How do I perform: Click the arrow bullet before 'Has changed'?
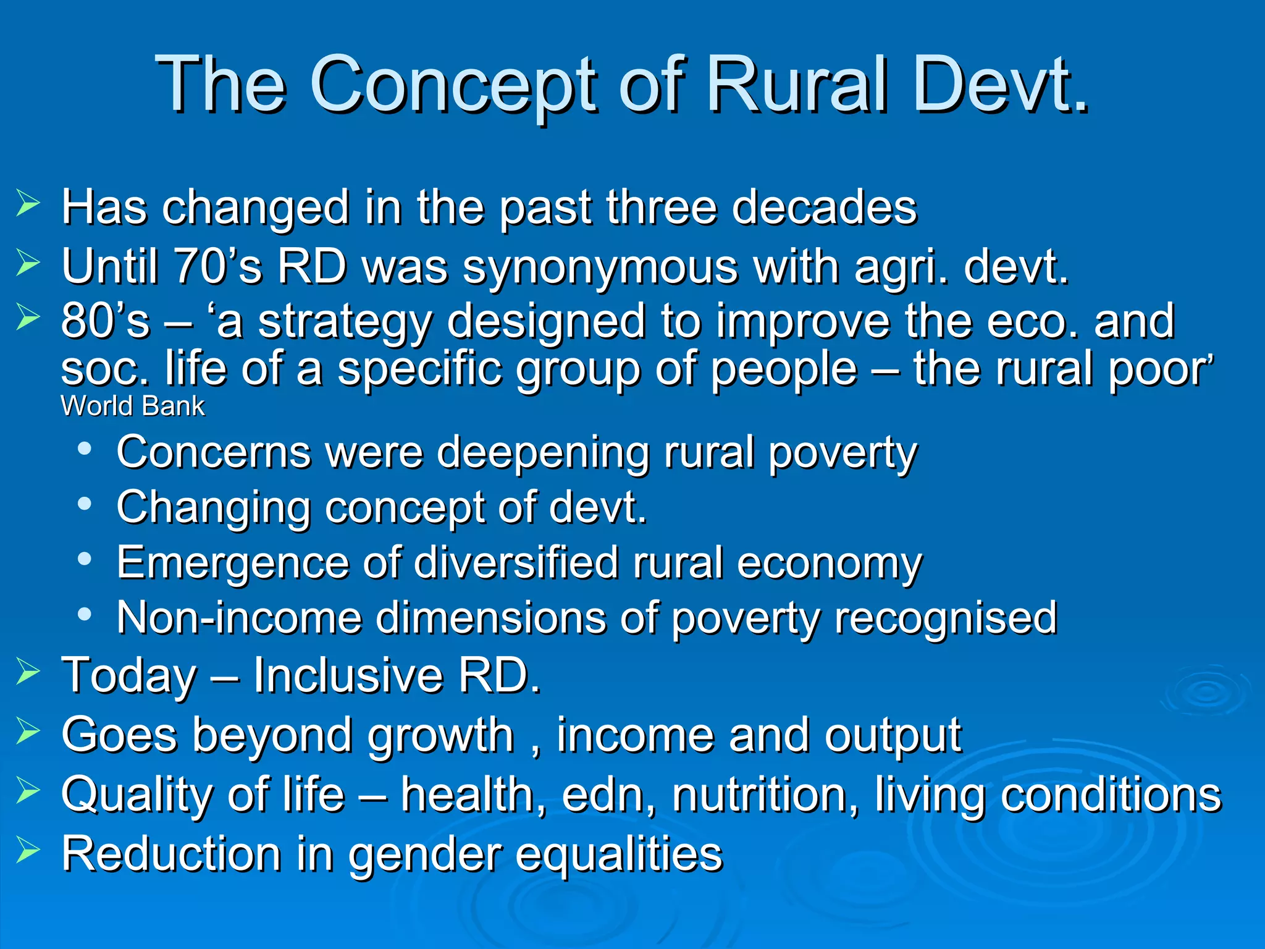pyautogui.click(x=28, y=204)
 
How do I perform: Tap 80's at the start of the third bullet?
pyautogui.click(x=105, y=321)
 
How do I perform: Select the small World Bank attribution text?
pyautogui.click(x=132, y=407)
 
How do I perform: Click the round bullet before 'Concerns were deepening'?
pyautogui.click(x=85, y=449)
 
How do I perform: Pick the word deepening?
pyautogui.click(x=544, y=453)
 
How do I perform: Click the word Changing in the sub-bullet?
pyautogui.click(x=213, y=508)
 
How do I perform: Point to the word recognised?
pyautogui.click(x=946, y=617)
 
